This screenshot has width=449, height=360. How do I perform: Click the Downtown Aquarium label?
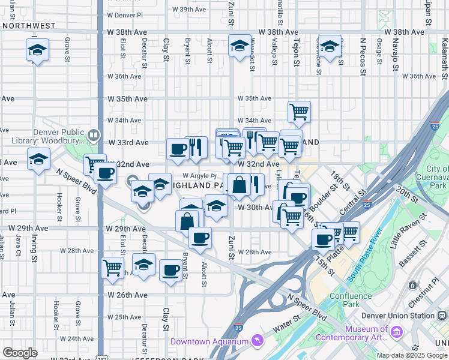pyautogui.click(x=210, y=341)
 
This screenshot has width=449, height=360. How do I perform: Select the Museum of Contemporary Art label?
pyautogui.click(x=367, y=334)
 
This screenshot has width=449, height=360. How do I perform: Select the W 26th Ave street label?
pyautogui.click(x=127, y=295)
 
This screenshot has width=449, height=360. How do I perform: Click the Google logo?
pyautogui.click(x=20, y=352)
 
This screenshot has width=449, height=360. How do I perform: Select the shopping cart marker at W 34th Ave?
pyautogui.click(x=299, y=111)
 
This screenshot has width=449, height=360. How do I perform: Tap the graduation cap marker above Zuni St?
pyautogui.click(x=240, y=45)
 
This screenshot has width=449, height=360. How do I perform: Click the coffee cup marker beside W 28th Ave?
pyautogui.click(x=200, y=237)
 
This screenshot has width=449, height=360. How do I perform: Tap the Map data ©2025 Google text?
pyautogui.click(x=412, y=355)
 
